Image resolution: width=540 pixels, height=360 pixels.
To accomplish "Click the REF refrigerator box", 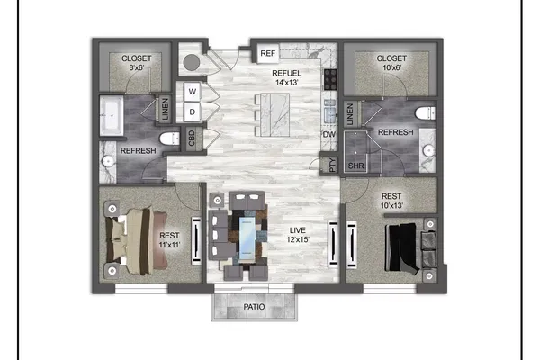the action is pos(268,53).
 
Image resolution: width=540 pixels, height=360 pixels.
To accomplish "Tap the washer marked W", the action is pos(193,92).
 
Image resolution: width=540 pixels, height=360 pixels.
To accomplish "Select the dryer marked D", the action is pos(193,112).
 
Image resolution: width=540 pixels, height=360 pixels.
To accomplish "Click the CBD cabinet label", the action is pos(192,138).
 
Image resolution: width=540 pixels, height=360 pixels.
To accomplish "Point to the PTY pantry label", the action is pos(332,165).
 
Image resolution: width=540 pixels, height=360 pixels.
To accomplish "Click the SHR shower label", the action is pos(355,166).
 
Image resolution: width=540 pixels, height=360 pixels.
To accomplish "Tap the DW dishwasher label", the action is pos(329,134).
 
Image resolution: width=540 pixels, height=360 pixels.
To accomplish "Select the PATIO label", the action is pos(254,307).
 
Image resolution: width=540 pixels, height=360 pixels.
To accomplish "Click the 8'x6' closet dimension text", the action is pos(137,67).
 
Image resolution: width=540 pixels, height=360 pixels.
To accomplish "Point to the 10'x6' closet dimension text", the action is pos(391,67).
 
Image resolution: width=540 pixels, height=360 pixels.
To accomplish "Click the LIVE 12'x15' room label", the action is pos(298,235).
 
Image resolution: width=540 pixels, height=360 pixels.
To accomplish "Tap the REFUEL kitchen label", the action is pos(286,73).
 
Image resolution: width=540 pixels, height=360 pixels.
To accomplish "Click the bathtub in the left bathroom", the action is pos(112,116).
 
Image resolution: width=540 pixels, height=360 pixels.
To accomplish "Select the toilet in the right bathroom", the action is pos(426,113).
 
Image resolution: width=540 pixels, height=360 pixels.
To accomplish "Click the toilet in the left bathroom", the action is pos(169,139).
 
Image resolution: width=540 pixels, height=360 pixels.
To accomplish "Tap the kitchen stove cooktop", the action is pos(330,79).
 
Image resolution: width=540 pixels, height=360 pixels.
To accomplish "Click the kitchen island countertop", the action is pos(274,114).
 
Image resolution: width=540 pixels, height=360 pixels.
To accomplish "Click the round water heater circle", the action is pos(192,63).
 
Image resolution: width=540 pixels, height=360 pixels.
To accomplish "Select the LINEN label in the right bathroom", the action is pos(350,114).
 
